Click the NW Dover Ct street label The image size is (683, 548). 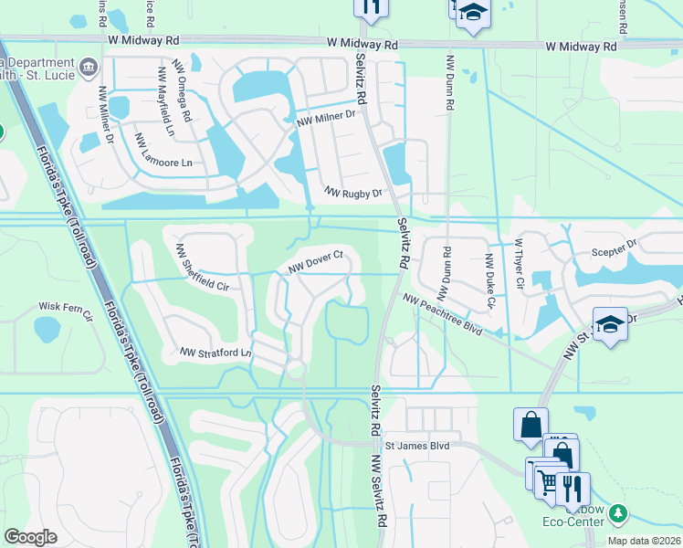pyautogui.click(x=315, y=261)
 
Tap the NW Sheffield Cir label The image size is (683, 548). pyautogui.click(x=201, y=267)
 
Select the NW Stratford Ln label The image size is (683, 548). pyautogui.click(x=215, y=352)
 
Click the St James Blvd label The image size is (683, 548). pyautogui.click(x=417, y=446)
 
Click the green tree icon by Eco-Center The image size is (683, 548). pyautogui.click(x=619, y=514)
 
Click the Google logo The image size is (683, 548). pyautogui.click(x=30, y=537)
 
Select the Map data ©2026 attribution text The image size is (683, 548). pyautogui.click(x=643, y=541)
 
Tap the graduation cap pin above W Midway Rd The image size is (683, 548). pyautogui.click(x=472, y=13)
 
